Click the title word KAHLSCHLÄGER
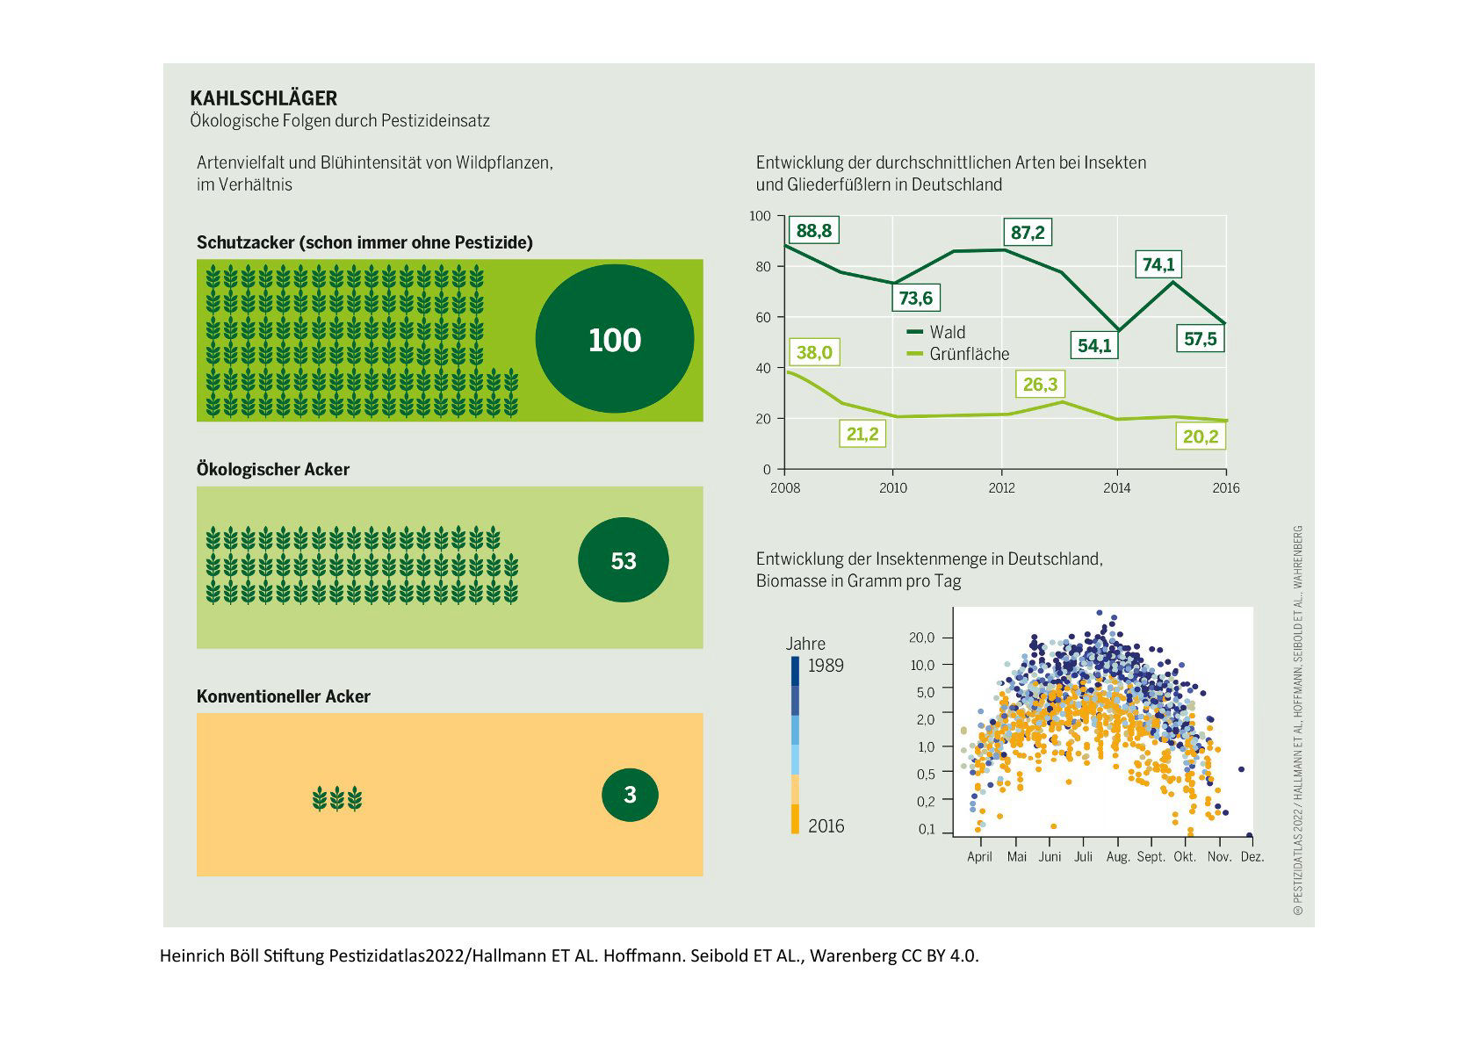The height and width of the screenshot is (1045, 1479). (x=263, y=98)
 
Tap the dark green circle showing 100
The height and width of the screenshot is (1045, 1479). (x=615, y=339)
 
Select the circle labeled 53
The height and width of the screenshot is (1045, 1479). (x=624, y=560)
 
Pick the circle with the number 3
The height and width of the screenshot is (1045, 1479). (x=630, y=795)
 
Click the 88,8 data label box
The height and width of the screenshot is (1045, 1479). (x=813, y=231)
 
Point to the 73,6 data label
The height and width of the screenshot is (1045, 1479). (x=915, y=299)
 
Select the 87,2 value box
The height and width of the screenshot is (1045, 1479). (x=1028, y=232)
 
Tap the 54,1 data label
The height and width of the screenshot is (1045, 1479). (x=1094, y=346)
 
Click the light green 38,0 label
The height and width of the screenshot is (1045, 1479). (x=813, y=353)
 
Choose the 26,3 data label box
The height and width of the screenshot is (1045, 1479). (x=1040, y=385)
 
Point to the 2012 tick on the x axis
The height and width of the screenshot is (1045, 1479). (x=1001, y=488)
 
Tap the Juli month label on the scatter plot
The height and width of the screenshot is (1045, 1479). (x=1083, y=856)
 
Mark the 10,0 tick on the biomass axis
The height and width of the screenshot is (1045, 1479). (x=922, y=665)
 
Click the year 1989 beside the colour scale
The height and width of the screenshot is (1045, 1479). (x=826, y=666)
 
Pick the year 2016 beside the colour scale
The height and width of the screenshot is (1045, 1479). (x=826, y=826)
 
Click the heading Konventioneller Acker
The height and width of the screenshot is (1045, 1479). (x=284, y=696)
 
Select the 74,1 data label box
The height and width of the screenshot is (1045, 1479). (x=1158, y=264)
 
